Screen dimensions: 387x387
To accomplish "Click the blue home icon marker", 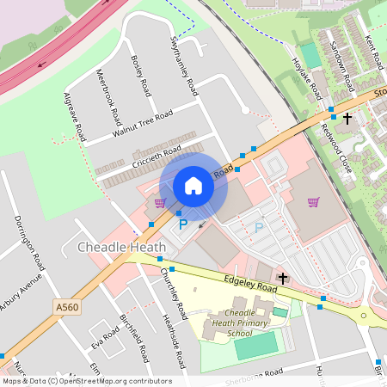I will point(193,186).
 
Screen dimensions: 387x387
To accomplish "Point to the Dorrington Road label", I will point(28,244).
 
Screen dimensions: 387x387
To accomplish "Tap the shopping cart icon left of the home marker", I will point(159,204).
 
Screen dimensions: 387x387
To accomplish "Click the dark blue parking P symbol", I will point(182,224).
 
